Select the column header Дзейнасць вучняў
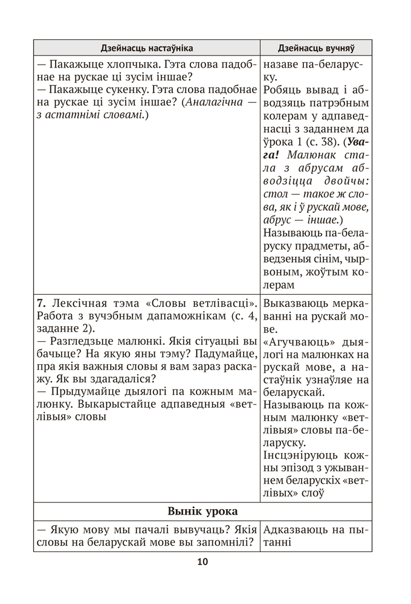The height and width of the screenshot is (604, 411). [316, 48]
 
